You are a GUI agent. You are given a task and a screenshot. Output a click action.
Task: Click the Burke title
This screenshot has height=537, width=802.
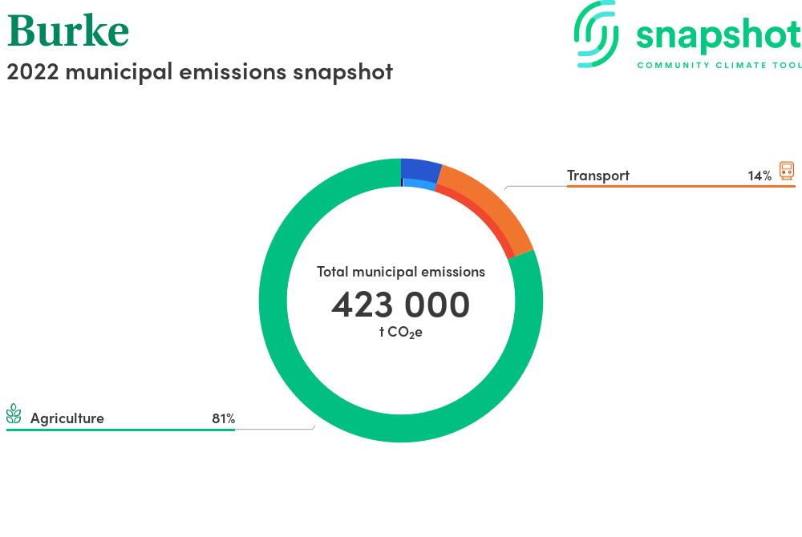coord(68,30)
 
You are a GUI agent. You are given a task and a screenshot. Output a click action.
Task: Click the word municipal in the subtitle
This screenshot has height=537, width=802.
coord(119,72)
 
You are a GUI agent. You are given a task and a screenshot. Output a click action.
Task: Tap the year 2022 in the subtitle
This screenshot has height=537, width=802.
coord(33,71)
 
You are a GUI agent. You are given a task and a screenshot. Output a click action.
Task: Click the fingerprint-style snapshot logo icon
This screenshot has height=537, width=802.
coord(596,34)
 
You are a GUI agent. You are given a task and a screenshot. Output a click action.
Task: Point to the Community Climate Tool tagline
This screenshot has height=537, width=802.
coord(719,66)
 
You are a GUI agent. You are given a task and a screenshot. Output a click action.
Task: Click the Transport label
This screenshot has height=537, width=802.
coord(598,176)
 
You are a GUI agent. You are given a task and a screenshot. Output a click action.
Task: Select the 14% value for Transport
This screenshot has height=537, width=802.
coord(759,176)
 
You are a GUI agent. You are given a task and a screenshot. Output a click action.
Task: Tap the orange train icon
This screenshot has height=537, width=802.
coord(787,171)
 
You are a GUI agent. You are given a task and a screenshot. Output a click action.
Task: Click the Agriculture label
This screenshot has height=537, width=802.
coord(67,418)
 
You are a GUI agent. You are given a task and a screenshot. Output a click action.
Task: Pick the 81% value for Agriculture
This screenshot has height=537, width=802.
coord(224,419)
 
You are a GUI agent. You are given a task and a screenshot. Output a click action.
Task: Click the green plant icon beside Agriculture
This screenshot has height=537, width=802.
coord(14,414)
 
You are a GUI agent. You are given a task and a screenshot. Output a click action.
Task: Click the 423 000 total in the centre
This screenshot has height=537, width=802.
coord(400,305)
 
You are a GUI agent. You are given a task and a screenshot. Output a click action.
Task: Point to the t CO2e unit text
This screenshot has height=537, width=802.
coord(400,332)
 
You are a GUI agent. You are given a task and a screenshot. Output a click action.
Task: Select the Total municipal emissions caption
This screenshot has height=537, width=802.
coord(400,272)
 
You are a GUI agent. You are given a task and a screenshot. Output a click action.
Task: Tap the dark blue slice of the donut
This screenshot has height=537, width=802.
coord(420,170)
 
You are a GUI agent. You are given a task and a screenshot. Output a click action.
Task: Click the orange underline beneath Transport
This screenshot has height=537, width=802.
coord(681,187)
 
